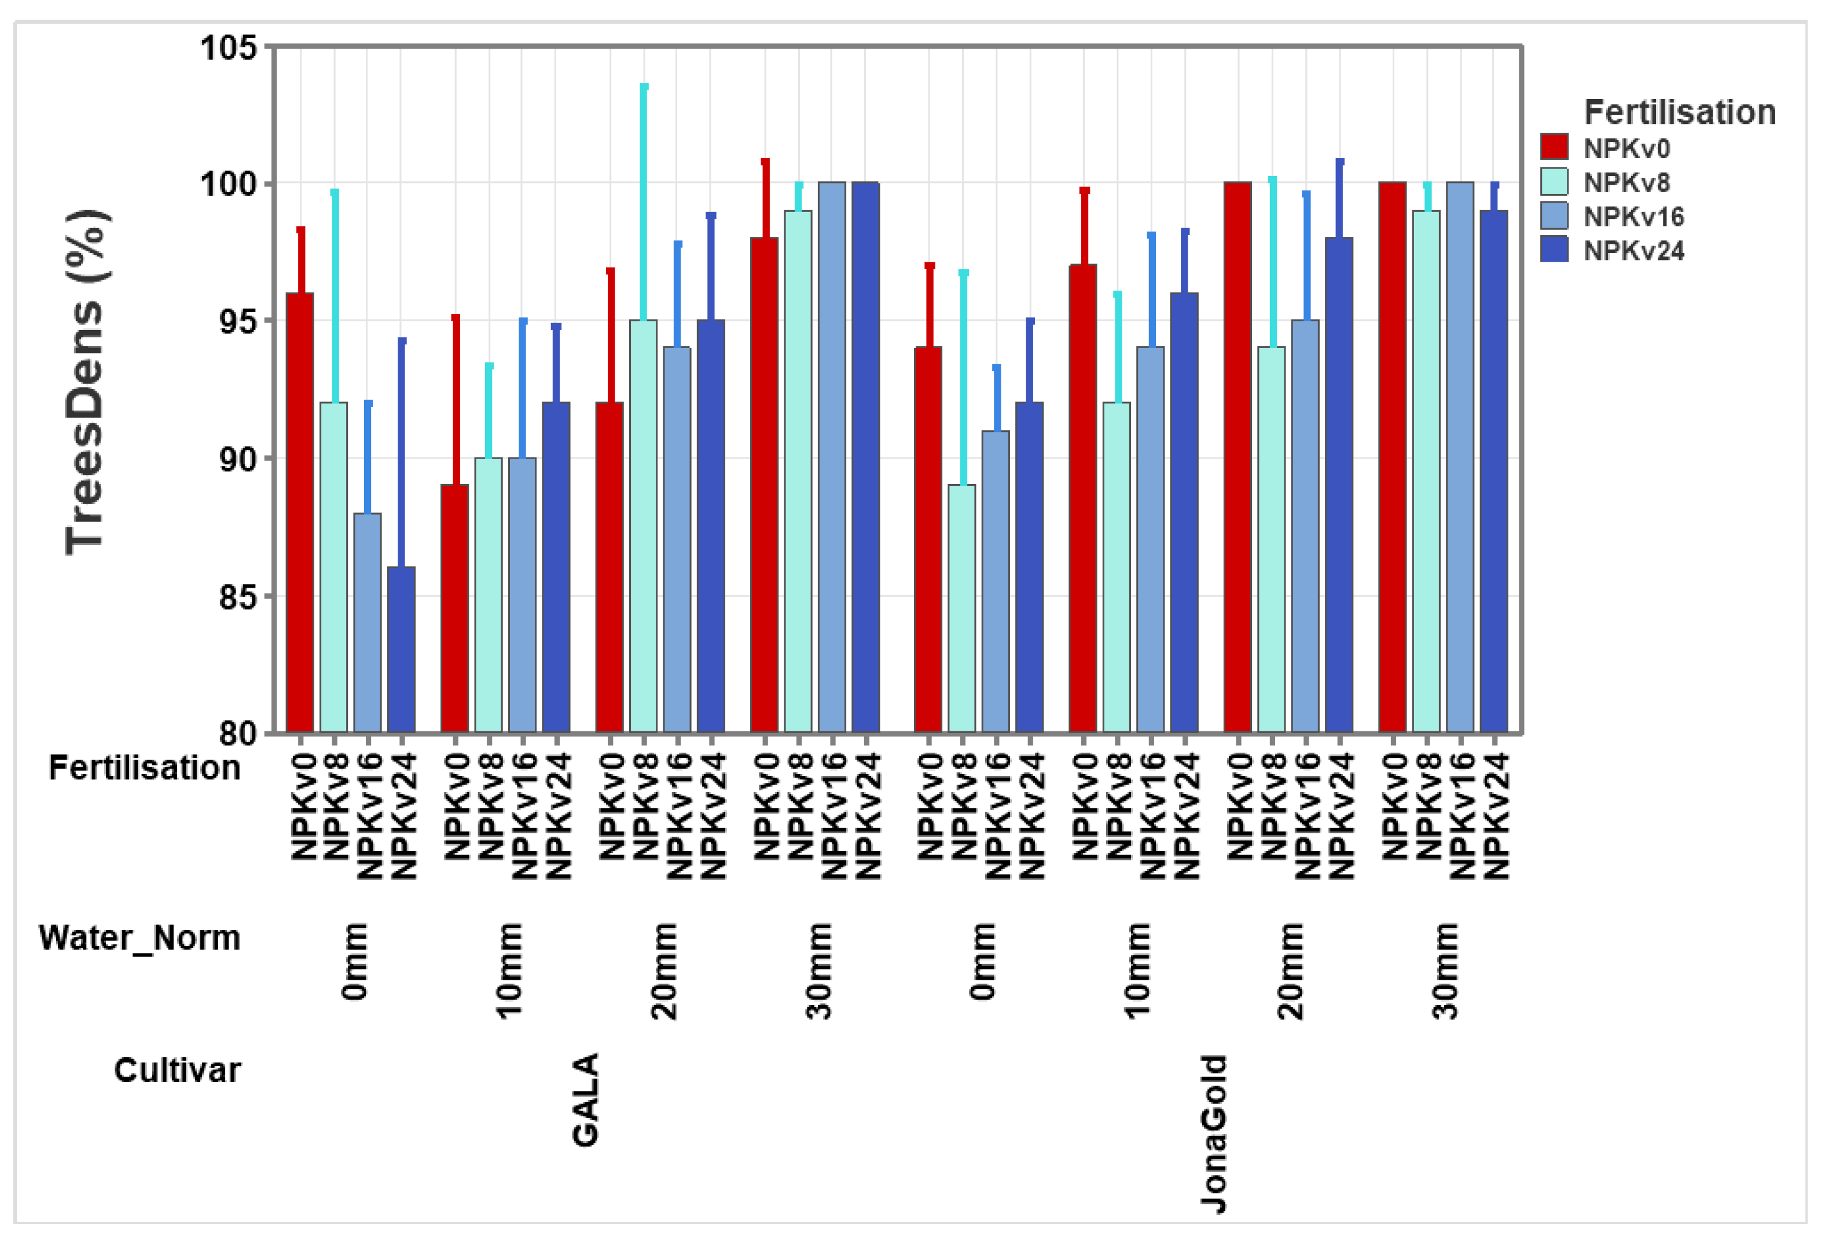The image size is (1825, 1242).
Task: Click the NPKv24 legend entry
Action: [1633, 251]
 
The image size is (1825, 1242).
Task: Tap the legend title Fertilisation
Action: [1680, 112]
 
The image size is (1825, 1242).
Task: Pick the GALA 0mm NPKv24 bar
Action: [401, 650]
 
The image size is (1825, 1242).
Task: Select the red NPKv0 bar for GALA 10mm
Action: [455, 609]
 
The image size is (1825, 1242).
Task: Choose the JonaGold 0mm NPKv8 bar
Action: [962, 609]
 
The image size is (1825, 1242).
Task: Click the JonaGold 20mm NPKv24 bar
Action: [1339, 485]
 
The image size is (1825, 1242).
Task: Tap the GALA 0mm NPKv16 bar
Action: [368, 623]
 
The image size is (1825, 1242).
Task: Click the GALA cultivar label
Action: [586, 1100]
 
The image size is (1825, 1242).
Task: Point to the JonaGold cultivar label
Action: [1214, 1134]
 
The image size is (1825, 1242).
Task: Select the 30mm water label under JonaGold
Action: [1445, 971]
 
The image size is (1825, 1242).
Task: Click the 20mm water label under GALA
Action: [664, 971]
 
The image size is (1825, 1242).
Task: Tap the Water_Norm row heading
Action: [139, 937]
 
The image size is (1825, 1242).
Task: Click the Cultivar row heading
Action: [178, 1070]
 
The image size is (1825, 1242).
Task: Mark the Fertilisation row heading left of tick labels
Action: [145, 768]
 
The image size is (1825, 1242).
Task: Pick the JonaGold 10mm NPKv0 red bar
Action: [1083, 499]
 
